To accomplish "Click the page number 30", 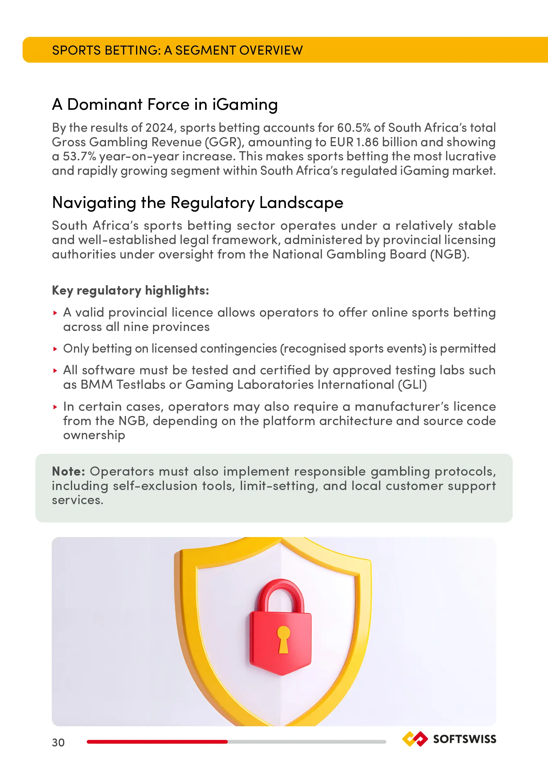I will [58, 743].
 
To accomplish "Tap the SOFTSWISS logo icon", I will [414, 739].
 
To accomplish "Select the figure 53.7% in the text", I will [79, 156].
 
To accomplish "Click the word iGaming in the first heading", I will [245, 104].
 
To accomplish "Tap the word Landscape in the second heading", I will [301, 203].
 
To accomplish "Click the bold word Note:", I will [68, 471].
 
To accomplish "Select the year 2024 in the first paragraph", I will [159, 128].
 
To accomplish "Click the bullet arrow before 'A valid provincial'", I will [55, 313].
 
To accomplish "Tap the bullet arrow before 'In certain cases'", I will [55, 407].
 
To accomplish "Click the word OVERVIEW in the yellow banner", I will [271, 50].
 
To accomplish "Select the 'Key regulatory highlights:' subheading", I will [130, 290].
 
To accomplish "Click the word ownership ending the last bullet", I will [94, 435].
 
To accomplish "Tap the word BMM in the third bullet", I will [97, 385].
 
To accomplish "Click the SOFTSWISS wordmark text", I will [464, 739].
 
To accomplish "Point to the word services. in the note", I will [77, 500].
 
